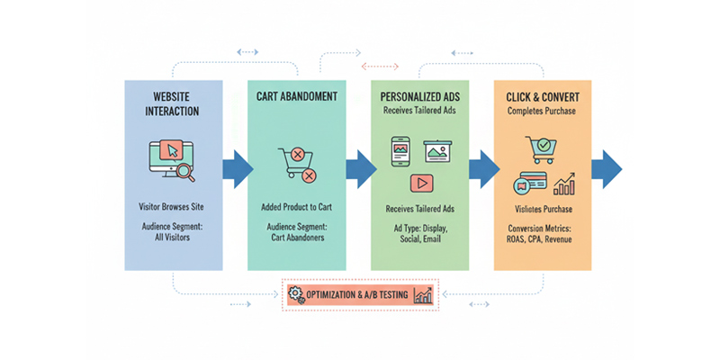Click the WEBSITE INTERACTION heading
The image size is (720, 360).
(173, 104)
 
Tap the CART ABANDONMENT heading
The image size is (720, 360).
(296, 94)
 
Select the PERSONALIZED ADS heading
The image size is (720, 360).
(418, 94)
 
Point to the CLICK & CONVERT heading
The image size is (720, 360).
(542, 94)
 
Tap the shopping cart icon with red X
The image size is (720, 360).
(296, 166)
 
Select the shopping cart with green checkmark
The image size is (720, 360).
(542, 149)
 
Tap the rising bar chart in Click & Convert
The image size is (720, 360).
(564, 184)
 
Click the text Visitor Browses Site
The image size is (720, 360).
(173, 208)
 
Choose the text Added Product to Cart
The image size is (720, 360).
(296, 208)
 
